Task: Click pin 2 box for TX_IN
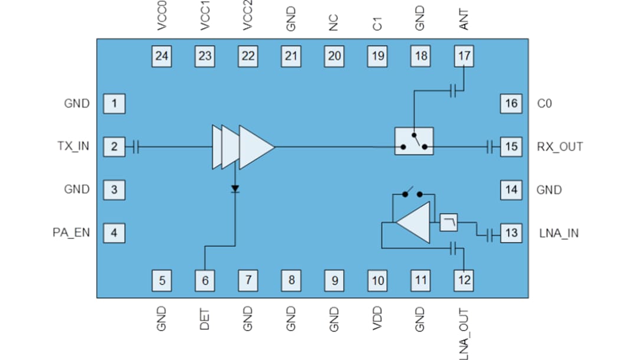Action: (x=114, y=146)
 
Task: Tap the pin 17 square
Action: (x=464, y=56)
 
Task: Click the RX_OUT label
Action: (x=560, y=146)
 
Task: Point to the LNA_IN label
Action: (x=559, y=233)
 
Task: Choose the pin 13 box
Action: (x=511, y=233)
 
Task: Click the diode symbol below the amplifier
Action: (x=235, y=189)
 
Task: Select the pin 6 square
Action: (x=205, y=280)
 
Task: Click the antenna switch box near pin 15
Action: (x=414, y=141)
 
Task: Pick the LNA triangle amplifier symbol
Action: (x=415, y=222)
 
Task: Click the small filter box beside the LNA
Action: (x=449, y=222)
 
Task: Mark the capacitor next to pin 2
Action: (x=136, y=146)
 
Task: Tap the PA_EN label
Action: (x=71, y=233)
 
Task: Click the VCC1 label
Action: (x=205, y=18)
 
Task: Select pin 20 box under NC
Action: (x=334, y=56)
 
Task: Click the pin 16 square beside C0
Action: (x=511, y=104)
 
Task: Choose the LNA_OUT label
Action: (x=464, y=333)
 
